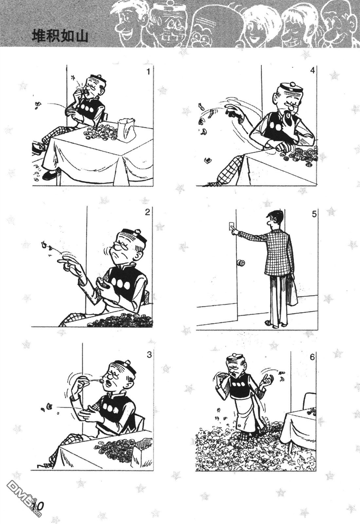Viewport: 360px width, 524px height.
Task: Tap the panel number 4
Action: tap(312, 71)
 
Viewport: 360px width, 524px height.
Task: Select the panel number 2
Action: tap(147, 212)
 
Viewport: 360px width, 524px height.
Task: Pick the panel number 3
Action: tap(149, 355)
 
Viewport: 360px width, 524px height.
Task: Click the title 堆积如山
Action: tap(60, 37)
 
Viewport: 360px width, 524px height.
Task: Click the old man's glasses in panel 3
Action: tap(116, 377)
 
